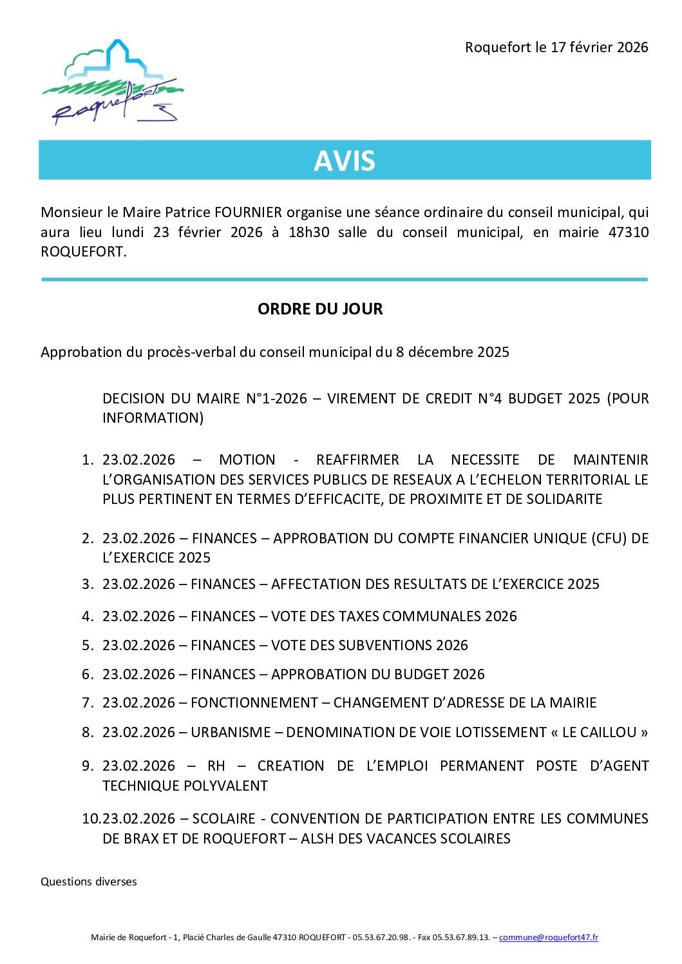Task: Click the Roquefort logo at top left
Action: [x=113, y=82]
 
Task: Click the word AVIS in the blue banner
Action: [x=345, y=160]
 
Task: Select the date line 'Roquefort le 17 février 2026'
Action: [x=556, y=47]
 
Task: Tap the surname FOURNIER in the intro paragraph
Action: [x=248, y=212]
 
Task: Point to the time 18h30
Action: [x=308, y=232]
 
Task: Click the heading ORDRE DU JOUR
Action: [x=320, y=309]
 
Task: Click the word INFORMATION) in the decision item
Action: [x=153, y=418]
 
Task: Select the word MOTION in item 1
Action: [x=247, y=459]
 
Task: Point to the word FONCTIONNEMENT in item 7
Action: [x=254, y=702]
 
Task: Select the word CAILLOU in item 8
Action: [x=609, y=732]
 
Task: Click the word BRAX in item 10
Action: [x=142, y=838]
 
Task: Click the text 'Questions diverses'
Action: [x=89, y=882]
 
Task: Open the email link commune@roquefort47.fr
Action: [x=548, y=937]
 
